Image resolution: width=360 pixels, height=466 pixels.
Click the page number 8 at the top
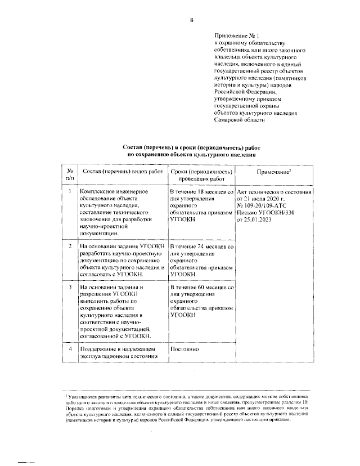(x=192, y=20)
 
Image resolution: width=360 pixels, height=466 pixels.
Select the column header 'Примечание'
(x=273, y=172)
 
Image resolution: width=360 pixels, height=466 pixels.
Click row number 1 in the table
(x=69, y=192)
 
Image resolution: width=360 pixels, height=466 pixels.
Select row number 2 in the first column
(x=69, y=247)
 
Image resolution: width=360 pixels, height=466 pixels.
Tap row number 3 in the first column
(x=69, y=288)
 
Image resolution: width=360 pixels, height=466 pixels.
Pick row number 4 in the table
(x=69, y=348)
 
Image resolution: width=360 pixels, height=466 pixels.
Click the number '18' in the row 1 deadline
(x=207, y=192)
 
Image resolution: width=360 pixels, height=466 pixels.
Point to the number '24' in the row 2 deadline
(x=207, y=247)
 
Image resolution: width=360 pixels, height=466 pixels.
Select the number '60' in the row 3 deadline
(x=207, y=288)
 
